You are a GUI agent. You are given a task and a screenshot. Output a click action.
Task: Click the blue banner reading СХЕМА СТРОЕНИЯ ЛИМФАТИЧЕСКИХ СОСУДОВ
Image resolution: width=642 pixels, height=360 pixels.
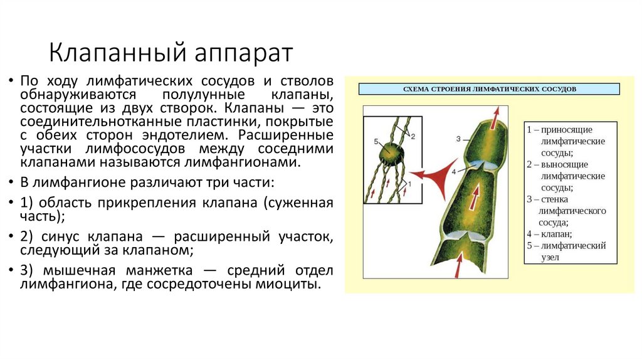coord(489,88)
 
